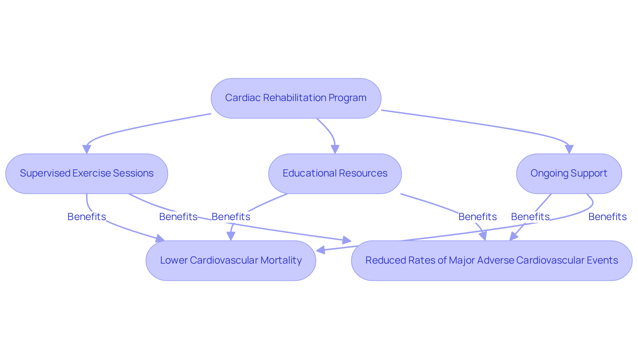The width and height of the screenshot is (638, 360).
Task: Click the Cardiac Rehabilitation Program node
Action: pos(296,98)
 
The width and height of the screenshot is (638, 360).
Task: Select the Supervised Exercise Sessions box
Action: pos(86,174)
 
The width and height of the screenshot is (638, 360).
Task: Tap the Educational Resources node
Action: pos(335,174)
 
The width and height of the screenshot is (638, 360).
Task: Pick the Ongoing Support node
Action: pos(569,174)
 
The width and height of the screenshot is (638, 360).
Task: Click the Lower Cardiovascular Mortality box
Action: pos(231,261)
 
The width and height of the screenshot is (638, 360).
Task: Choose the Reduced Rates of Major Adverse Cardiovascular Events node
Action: pos(491,261)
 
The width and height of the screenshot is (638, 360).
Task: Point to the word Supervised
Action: pos(45,173)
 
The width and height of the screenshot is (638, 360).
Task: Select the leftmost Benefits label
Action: pos(86,217)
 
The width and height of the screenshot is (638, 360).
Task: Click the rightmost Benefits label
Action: pos(607,217)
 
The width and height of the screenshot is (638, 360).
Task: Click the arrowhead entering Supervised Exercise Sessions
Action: pos(87,149)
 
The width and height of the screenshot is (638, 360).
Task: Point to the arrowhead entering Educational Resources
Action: pos(335,149)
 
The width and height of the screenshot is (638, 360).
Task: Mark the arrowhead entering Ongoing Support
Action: pos(569,149)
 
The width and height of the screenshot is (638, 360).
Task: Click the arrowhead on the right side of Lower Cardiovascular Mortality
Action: pos(320,250)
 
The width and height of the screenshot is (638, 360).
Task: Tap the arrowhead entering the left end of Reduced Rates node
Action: pos(347,240)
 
